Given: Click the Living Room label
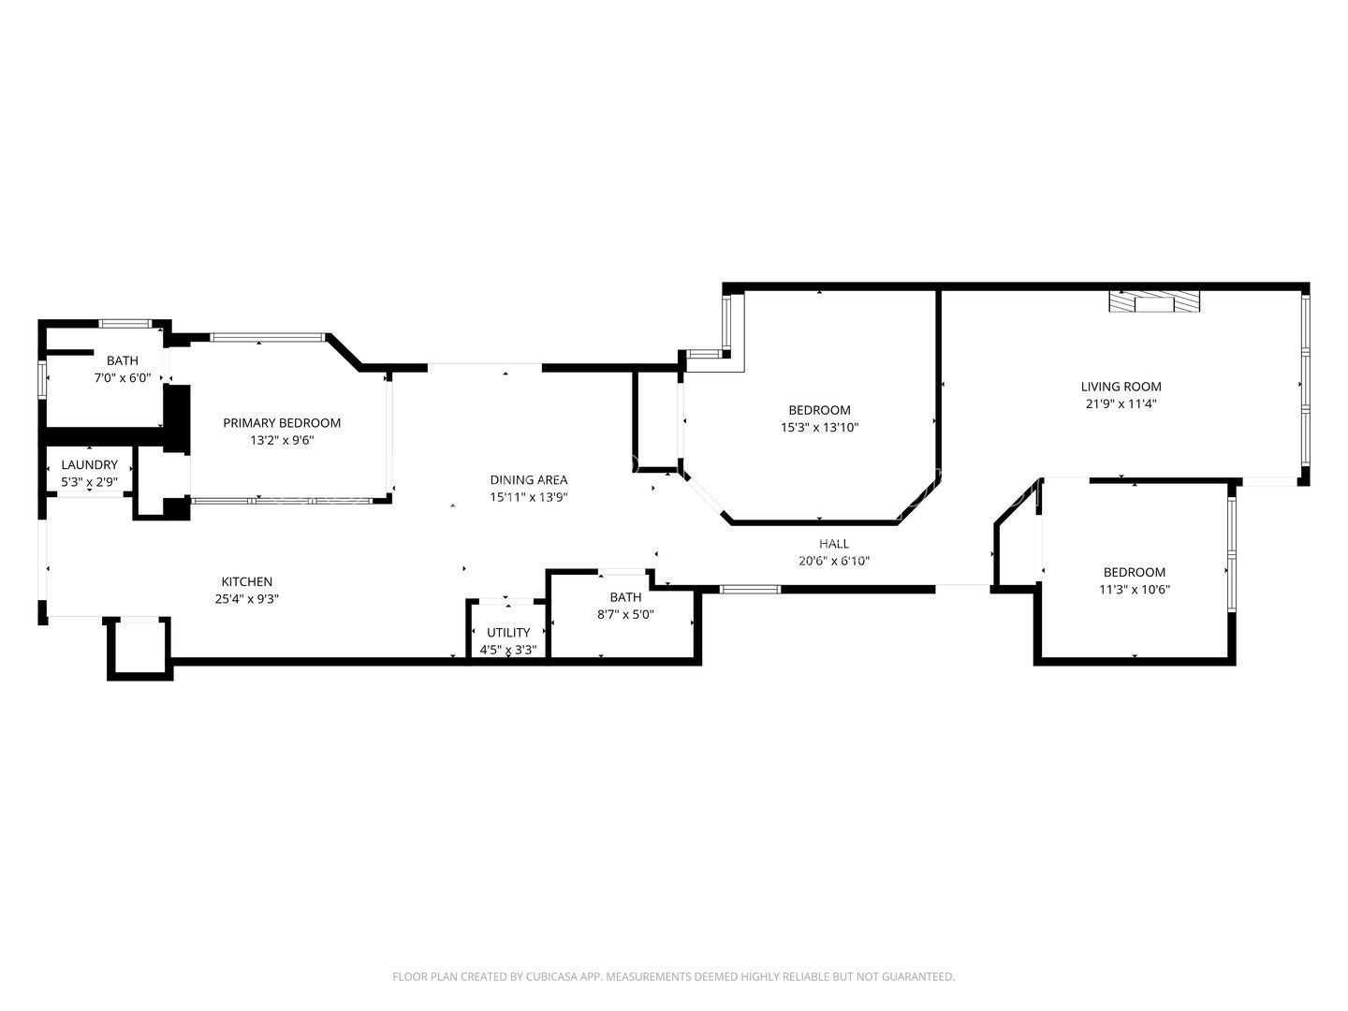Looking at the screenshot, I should pos(1121,387).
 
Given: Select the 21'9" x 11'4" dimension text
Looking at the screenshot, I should pos(1121,404).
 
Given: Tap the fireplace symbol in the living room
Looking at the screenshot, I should pos(1153,301).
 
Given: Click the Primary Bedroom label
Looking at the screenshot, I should pos(282,423).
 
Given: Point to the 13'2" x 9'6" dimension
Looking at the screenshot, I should pos(282,441).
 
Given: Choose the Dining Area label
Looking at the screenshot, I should pos(529,480).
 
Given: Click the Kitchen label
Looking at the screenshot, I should pos(246,582).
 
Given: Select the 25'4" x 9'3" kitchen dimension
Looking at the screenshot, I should pos(246,600).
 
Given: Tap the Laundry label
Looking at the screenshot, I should pos(90,465).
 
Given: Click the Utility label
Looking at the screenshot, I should pos(508,633).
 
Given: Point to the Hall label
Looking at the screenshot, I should pos(834,544).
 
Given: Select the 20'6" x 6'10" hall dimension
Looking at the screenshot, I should pos(834,562).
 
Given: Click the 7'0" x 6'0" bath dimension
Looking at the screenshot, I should pos(122,378).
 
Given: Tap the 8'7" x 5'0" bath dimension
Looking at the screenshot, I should pos(625,615).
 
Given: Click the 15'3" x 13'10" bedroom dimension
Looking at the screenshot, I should pos(819,428).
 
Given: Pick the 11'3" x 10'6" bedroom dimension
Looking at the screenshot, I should pos(1134,590).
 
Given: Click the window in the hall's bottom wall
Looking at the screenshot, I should pos(750,589).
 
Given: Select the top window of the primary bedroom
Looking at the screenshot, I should pos(267,337).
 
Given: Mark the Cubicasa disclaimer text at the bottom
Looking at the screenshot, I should pos(673,976).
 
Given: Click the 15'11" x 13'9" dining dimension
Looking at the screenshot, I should pos(529,498).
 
